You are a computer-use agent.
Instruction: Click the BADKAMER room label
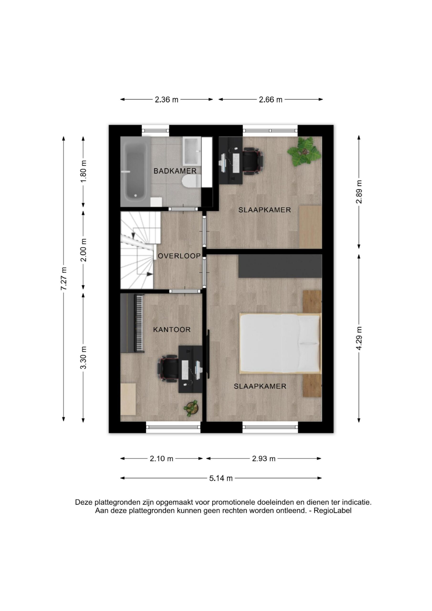click(x=175, y=171)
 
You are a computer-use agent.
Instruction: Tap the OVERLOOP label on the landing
click(x=179, y=256)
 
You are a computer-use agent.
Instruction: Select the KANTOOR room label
click(x=172, y=330)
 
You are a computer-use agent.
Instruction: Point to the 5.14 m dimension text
click(x=221, y=478)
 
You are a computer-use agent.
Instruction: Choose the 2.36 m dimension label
click(x=167, y=100)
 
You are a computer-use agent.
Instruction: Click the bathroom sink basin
click(x=192, y=151)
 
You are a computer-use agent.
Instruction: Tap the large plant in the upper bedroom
click(x=304, y=152)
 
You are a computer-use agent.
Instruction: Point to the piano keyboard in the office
click(x=139, y=323)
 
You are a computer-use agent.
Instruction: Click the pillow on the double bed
click(x=309, y=343)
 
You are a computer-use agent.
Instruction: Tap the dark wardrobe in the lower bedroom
click(x=280, y=266)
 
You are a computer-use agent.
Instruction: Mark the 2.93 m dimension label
click(x=264, y=459)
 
